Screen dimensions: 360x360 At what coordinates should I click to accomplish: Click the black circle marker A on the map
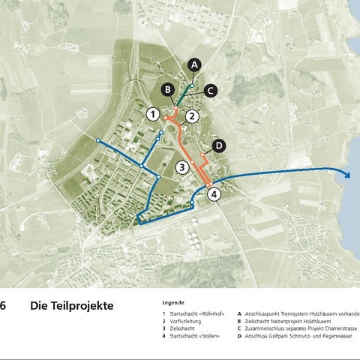pos(194,64)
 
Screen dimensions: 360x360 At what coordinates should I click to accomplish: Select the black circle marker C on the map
pos(211,90)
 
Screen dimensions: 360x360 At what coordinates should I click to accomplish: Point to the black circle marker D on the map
pos(218,145)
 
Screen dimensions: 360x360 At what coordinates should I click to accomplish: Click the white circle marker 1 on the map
pos(152,115)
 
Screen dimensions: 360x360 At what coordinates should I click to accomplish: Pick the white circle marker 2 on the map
pos(192,115)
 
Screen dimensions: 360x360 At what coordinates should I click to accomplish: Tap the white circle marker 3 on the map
pos(181,166)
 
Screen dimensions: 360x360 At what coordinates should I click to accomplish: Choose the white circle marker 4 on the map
pos(214,195)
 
